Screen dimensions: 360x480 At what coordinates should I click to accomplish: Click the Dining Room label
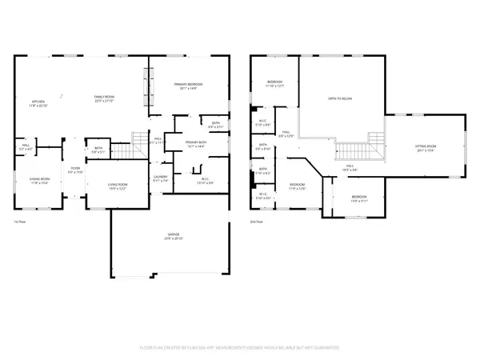click(40, 182)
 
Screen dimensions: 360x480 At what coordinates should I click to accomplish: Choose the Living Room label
click(118, 186)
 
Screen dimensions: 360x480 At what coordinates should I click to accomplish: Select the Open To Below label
click(340, 98)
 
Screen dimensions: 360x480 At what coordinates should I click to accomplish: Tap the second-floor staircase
click(353, 150)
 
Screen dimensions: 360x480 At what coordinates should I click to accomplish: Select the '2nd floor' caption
click(256, 222)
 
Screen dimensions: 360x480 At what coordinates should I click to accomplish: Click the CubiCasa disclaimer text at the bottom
click(240, 348)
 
